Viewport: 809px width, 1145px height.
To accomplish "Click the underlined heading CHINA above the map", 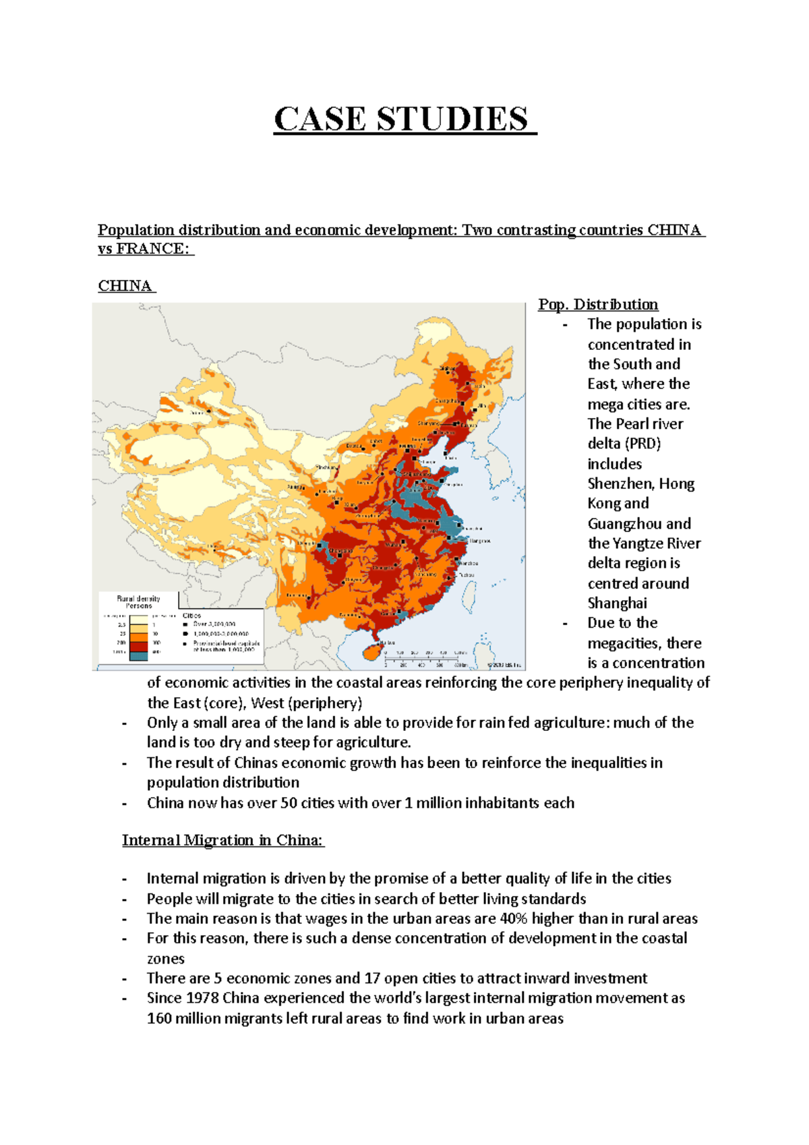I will pyautogui.click(x=125, y=286).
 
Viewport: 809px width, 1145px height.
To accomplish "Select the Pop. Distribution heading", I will pyautogui.click(x=598, y=305).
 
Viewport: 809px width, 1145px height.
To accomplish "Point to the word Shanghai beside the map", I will pyautogui.click(x=617, y=604).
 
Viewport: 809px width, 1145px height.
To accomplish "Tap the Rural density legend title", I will pyautogui.click(x=138, y=601).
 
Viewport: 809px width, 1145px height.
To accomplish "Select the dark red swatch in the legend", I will pyautogui.click(x=138, y=645).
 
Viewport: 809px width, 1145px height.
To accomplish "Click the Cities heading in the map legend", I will pyautogui.click(x=192, y=616).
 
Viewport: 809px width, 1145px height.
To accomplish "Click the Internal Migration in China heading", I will pyautogui.click(x=223, y=840).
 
